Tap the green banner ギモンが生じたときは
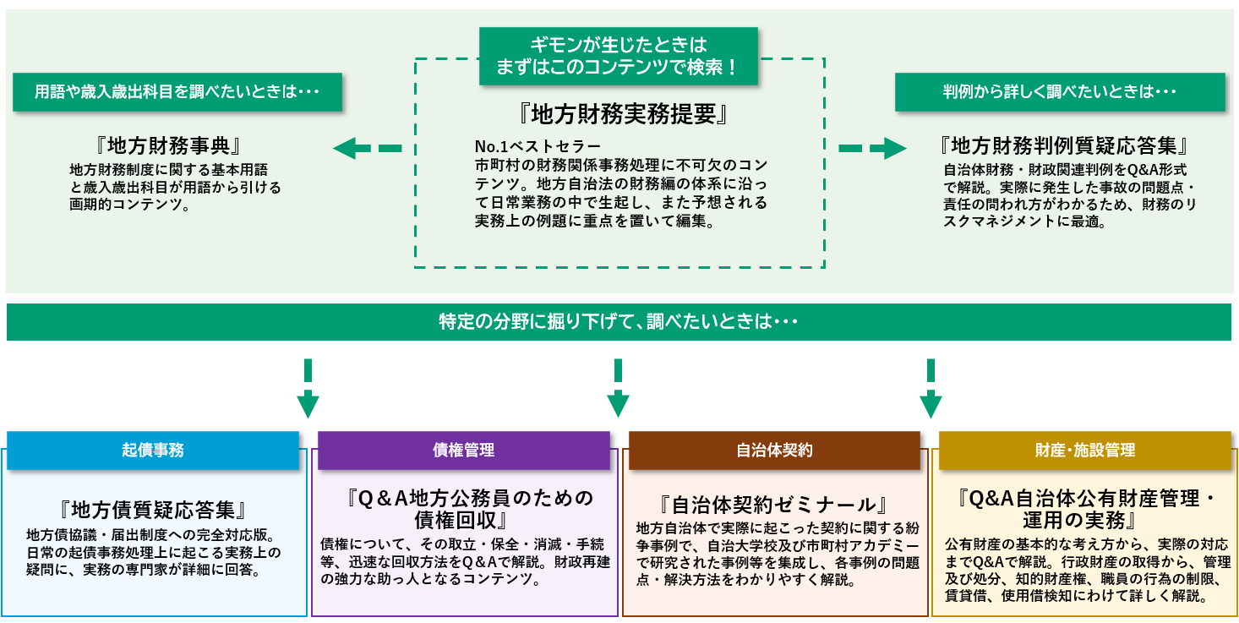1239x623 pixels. tap(618, 56)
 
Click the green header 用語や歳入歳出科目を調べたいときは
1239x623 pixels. tap(177, 92)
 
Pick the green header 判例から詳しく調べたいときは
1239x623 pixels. tap(1060, 92)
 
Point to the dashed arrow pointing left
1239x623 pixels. tap(367, 149)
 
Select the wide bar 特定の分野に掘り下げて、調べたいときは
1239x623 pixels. tap(618, 322)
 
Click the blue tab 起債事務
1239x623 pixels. tap(153, 450)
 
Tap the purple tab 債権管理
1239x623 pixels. tap(463, 450)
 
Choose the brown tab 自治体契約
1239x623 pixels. tap(774, 450)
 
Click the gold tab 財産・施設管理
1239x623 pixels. tap(1085, 450)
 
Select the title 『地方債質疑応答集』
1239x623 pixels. tap(153, 510)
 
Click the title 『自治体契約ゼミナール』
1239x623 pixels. tap(774, 506)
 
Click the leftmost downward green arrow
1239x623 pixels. tap(308, 389)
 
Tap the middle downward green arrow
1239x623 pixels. tap(619, 389)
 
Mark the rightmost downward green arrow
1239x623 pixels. tap(931, 389)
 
